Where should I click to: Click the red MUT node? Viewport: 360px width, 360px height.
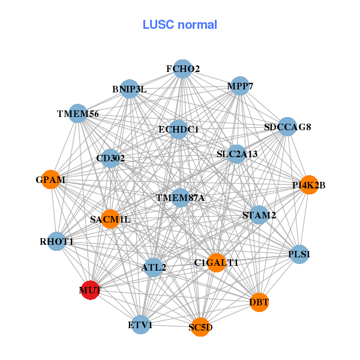(x=91, y=290)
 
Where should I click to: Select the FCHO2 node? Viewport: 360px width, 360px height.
(x=182, y=69)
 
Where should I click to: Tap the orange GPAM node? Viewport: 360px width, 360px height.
(x=51, y=179)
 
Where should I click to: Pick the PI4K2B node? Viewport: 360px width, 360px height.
(x=308, y=185)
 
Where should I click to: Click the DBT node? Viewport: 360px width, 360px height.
(x=259, y=302)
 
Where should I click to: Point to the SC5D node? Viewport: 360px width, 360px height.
(x=201, y=327)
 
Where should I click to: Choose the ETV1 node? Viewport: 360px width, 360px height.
(x=140, y=325)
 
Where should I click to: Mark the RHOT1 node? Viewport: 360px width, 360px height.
(x=57, y=241)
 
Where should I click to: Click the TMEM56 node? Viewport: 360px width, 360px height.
(x=78, y=113)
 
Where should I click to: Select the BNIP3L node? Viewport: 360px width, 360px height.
(x=129, y=89)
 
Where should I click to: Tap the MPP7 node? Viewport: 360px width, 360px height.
(x=239, y=86)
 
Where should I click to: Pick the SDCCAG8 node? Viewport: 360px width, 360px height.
(x=287, y=127)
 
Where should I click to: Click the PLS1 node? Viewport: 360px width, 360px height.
(x=298, y=254)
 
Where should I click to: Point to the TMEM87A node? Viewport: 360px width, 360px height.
(x=181, y=197)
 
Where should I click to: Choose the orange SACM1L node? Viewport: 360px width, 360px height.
(x=110, y=219)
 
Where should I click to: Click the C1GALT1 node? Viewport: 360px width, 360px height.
(x=217, y=262)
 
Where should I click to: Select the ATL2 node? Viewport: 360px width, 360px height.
(x=154, y=267)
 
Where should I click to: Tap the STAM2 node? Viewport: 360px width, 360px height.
(x=259, y=214)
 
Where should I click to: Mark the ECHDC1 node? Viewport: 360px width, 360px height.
(x=178, y=129)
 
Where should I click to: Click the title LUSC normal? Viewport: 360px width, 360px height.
(x=179, y=25)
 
